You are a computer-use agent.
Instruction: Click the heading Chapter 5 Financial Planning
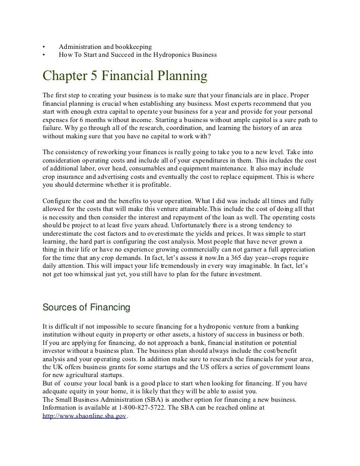[x=124, y=78]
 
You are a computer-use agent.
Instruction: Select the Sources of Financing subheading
[x=87, y=307]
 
